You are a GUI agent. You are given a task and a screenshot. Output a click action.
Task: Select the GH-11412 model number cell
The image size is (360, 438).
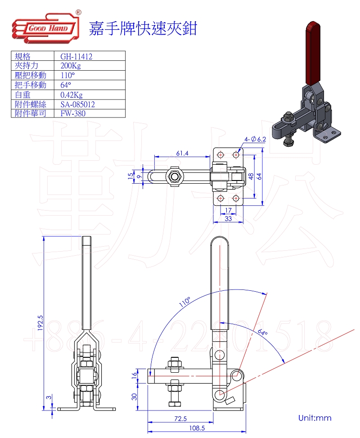click(76, 56)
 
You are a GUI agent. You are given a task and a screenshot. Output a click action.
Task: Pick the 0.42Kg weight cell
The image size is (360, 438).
click(72, 95)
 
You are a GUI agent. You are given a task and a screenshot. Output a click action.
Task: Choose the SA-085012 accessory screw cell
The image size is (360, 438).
click(77, 104)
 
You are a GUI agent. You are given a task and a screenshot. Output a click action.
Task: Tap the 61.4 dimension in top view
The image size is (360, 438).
click(182, 153)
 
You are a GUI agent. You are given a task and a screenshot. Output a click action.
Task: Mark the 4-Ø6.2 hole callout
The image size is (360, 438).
click(256, 139)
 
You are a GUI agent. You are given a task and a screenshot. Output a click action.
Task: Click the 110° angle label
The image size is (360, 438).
click(185, 302)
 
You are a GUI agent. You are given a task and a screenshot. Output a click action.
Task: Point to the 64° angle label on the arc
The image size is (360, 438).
click(262, 333)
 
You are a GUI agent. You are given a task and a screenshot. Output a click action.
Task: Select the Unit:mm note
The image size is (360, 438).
click(315, 418)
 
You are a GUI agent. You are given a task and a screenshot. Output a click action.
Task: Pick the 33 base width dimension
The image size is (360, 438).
click(228, 219)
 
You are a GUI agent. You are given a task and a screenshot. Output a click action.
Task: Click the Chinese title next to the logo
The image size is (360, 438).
click(143, 28)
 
